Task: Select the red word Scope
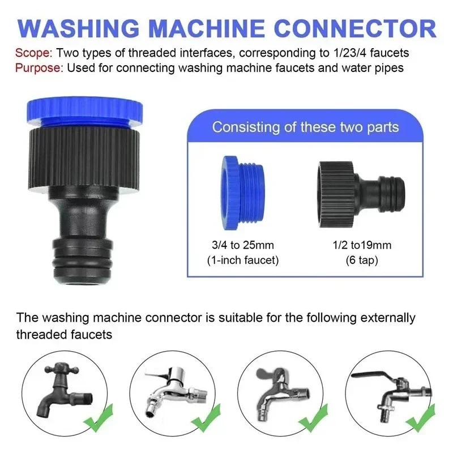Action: pos(33,53)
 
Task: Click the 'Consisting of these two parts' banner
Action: pos(305,127)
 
